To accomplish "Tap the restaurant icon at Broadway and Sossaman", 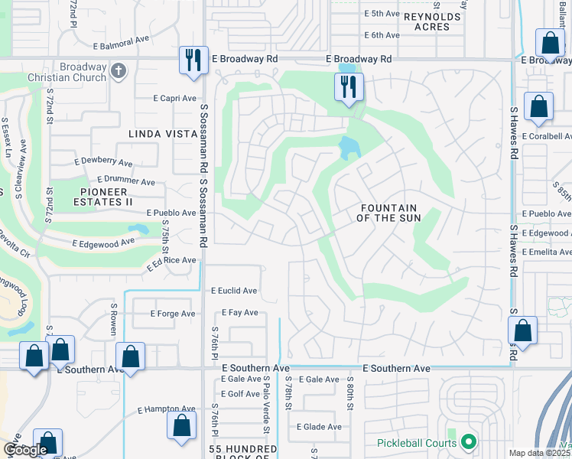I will pos(192,59).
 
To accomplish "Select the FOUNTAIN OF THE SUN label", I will pos(388,213).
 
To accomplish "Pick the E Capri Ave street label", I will pos(175,98).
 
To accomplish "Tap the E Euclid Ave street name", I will pos(234,291).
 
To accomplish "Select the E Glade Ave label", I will pos(319,427).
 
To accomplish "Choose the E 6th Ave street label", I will pos(382,35).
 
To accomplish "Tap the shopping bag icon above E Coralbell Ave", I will pos(539,106).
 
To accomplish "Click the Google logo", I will pos(25,450).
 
